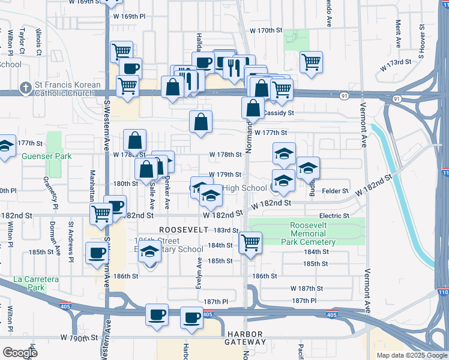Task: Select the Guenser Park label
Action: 46,157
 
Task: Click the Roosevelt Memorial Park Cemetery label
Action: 308,233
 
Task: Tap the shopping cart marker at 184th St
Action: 250,243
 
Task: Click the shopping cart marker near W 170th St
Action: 311,61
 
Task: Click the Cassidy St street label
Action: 279,112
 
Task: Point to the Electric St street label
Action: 334,216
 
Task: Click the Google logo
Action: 20,353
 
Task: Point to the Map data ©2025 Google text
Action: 411,355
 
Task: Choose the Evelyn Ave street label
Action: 199,274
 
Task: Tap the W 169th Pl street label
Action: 130,17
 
